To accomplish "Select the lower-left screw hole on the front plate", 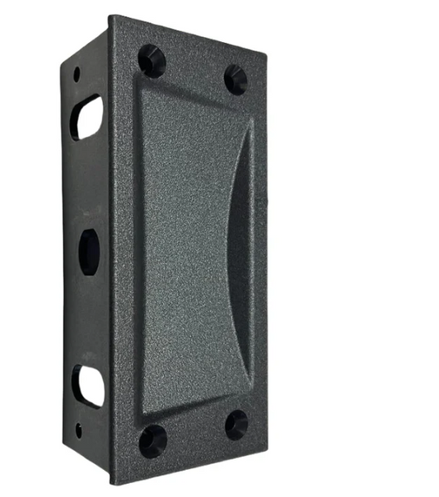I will tap(152, 440).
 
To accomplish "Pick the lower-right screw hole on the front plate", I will tap(236, 425).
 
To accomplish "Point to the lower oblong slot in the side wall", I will tap(87, 385).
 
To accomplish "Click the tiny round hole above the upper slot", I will tap(77, 73).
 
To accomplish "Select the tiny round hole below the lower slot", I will tap(78, 428).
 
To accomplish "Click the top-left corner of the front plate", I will tap(112, 17).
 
